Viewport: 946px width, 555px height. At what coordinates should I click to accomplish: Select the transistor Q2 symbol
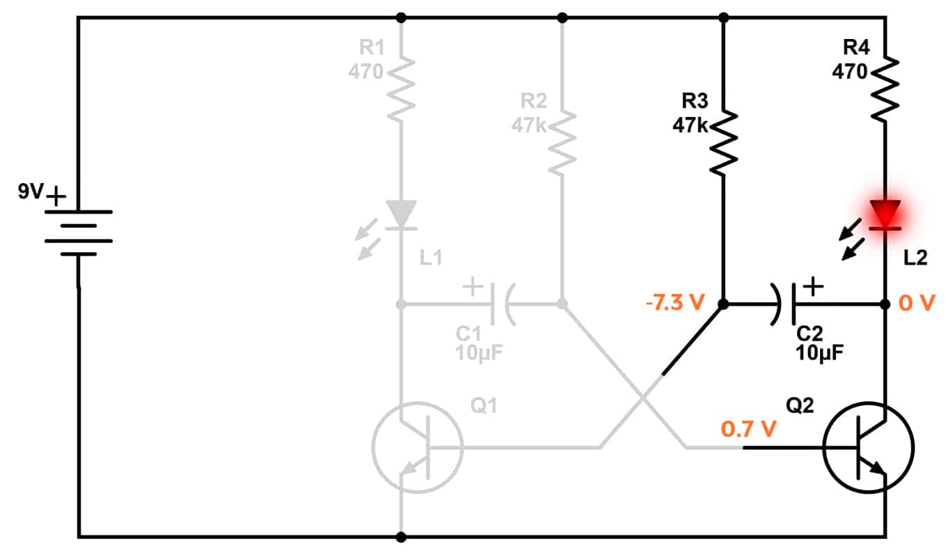(868, 448)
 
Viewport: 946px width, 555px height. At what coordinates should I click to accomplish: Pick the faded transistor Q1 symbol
(417, 448)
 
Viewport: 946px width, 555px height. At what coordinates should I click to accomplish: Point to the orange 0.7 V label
(748, 429)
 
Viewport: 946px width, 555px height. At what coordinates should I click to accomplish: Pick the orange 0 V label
(917, 304)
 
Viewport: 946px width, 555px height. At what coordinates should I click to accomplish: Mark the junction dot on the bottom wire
(401, 537)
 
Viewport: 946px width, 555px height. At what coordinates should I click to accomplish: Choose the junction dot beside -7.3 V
(724, 304)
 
